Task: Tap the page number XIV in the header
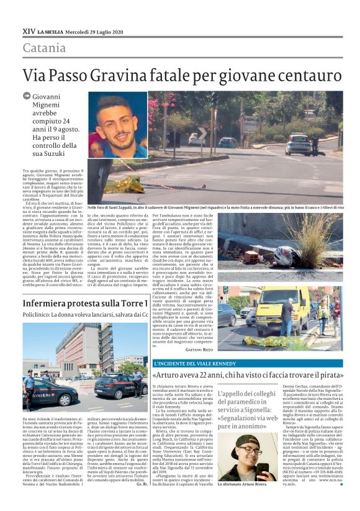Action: coord(29,31)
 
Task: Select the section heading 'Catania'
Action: coord(44,48)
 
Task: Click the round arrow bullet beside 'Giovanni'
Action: coord(27,96)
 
